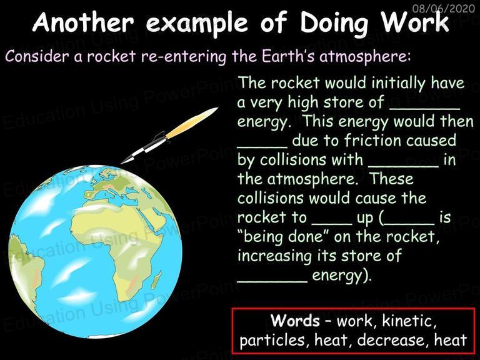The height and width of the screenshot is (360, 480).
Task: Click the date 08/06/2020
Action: point(443,8)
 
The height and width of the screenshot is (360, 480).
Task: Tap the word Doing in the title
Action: point(334,23)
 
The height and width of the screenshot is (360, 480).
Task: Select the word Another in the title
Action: point(83,22)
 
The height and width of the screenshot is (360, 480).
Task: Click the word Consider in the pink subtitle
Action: point(37,56)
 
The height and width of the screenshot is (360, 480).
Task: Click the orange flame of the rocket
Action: point(192,122)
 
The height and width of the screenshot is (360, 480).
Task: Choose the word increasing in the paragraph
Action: point(274,256)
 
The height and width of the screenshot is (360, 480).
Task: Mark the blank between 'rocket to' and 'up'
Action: point(332,224)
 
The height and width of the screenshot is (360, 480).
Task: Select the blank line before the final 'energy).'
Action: point(272,281)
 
